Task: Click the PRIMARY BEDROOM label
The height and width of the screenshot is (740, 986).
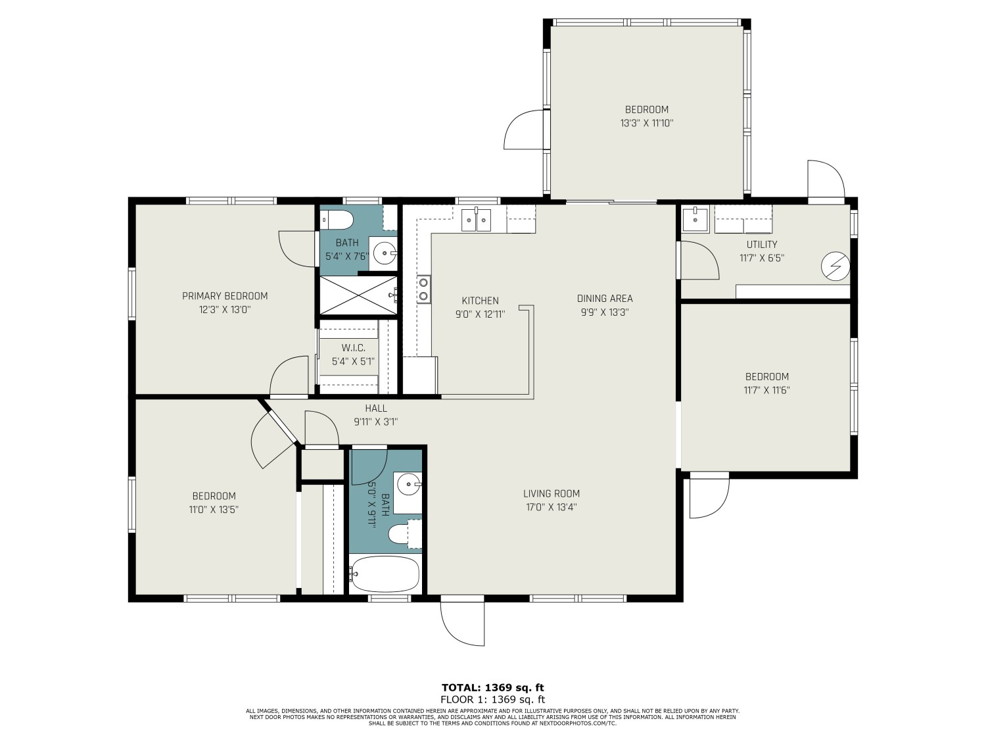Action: (x=225, y=296)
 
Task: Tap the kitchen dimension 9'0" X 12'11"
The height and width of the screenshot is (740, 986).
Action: (x=480, y=314)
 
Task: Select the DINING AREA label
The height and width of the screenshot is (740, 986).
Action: (x=604, y=299)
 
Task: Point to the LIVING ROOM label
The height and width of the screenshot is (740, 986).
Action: (x=552, y=493)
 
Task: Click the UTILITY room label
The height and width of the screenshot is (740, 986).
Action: (x=761, y=245)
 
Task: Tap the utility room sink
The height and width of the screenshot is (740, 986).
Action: (x=694, y=219)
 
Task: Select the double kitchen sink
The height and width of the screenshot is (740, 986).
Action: (x=477, y=218)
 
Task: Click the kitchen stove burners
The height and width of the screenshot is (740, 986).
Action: (x=424, y=289)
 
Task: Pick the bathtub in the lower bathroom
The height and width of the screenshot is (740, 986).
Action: (x=385, y=574)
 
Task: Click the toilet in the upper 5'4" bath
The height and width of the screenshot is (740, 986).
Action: (x=337, y=218)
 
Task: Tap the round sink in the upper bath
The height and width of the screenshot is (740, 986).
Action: (x=385, y=252)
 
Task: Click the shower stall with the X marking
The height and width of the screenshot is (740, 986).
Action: (x=359, y=295)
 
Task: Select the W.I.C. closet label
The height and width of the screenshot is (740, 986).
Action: (x=353, y=347)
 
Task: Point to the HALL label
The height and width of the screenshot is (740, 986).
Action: (x=376, y=408)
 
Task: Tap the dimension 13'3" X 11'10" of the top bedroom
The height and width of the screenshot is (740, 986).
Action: (x=647, y=123)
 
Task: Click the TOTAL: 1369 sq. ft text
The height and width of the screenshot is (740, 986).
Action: (x=492, y=688)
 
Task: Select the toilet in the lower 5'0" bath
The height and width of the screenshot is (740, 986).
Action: (x=400, y=534)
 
